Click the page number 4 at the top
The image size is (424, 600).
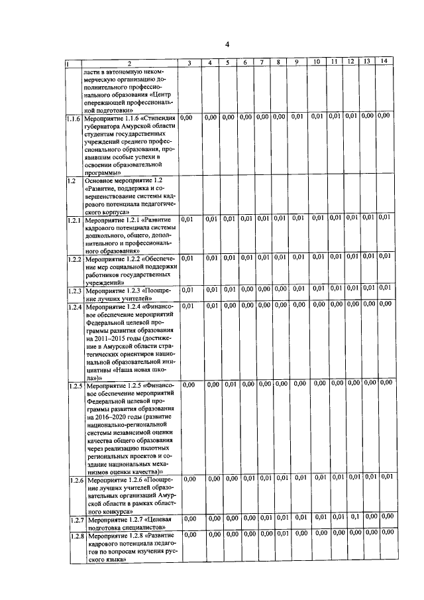tap(227, 44)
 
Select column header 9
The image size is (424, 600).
tap(297, 63)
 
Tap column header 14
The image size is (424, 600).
tap(384, 62)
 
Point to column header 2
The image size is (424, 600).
tap(130, 64)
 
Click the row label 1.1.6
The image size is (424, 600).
tap(74, 119)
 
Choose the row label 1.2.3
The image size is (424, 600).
tap(74, 290)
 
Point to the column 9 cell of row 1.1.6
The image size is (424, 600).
tap(297, 117)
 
